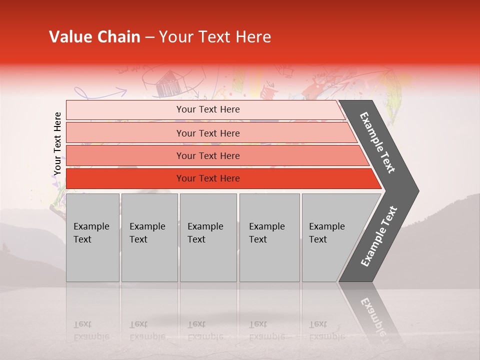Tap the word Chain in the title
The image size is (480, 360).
pyautogui.click(x=119, y=37)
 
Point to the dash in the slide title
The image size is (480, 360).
pyautogui.click(x=149, y=37)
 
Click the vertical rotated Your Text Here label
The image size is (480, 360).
pyautogui.click(x=57, y=143)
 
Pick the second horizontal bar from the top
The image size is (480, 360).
pyautogui.click(x=207, y=133)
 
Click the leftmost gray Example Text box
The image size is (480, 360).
pyautogui.click(x=92, y=237)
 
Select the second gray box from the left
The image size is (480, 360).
pyautogui.click(x=149, y=237)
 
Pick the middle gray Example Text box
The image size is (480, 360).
pyautogui.click(x=208, y=237)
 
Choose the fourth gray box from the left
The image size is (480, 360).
pyautogui.click(x=269, y=237)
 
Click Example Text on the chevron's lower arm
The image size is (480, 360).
pyautogui.click(x=379, y=236)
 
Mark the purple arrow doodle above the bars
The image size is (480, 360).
pyautogui.click(x=100, y=92)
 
